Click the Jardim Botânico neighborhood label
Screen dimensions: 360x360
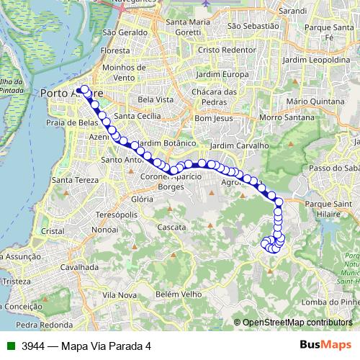pos(158,143)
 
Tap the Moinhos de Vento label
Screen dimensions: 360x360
pos(119,71)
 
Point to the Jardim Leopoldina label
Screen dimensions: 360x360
pos(313,61)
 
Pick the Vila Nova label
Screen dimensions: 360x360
pos(120,295)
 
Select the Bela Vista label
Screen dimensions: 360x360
pos(156,99)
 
